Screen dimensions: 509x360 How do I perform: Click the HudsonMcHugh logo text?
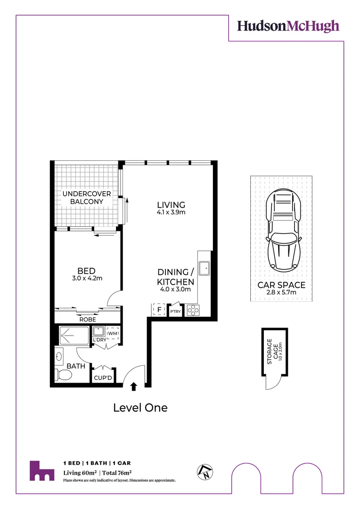click(288, 25)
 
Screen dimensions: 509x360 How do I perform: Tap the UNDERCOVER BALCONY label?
click(87, 198)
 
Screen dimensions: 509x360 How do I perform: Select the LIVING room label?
click(171, 205)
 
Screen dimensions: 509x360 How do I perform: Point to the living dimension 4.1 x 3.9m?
click(171, 213)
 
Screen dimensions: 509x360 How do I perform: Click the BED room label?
click(87, 271)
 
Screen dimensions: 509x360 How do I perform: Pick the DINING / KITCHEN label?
click(175, 277)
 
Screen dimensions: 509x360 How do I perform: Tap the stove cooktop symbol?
click(193, 310)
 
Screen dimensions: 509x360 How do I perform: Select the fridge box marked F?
click(159, 310)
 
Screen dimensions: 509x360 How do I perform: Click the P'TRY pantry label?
click(175, 311)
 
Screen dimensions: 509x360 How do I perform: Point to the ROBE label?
click(88, 319)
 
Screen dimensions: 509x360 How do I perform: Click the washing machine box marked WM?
click(113, 334)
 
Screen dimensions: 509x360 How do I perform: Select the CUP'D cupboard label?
click(103, 378)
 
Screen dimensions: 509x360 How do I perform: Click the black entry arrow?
click(134, 386)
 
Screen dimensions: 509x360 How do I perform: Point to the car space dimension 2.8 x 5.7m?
click(281, 293)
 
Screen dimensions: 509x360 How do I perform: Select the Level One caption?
click(140, 408)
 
